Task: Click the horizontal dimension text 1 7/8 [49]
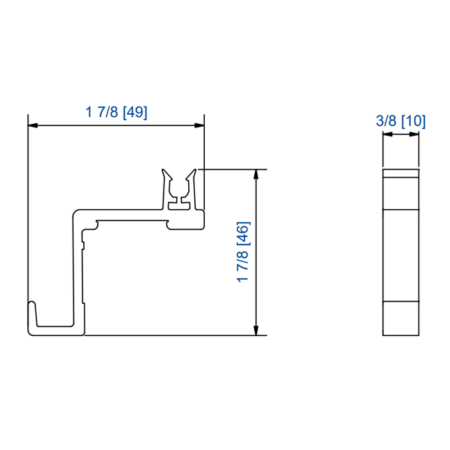(116, 112)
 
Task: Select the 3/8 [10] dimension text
(400, 121)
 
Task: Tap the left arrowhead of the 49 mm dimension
(32, 125)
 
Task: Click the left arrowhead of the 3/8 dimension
(386, 135)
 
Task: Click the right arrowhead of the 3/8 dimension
(415, 135)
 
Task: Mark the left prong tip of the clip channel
(164, 171)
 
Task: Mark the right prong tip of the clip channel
(196, 171)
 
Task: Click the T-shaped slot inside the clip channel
(180, 201)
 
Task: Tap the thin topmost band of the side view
(400, 173)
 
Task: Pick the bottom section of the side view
(400, 318)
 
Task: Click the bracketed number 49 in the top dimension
(136, 112)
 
